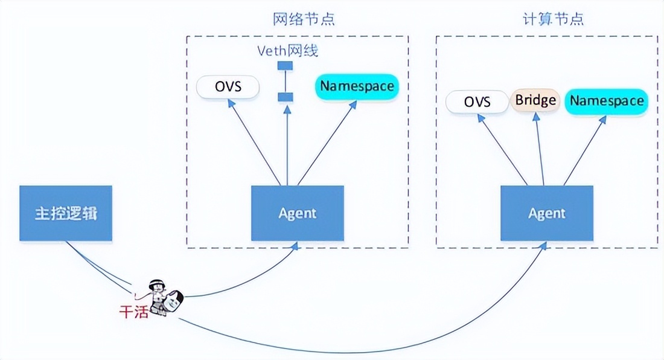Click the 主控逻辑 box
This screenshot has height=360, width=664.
tap(66, 214)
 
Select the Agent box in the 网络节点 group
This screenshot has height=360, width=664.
tap(297, 213)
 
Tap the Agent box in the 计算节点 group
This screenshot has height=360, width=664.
tap(546, 213)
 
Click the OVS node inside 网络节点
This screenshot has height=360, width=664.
tap(228, 87)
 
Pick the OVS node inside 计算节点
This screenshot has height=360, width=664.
tap(477, 101)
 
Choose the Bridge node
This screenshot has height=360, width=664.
tap(535, 100)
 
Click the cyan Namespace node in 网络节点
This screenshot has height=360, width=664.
tap(357, 86)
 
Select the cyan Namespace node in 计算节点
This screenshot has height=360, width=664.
tap(606, 101)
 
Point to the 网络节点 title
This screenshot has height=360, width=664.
tap(304, 19)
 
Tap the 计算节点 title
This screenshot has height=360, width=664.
tap(553, 19)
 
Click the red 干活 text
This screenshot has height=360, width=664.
tap(133, 312)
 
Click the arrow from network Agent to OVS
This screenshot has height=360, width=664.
tap(254, 141)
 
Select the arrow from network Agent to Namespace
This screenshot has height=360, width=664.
tap(326, 141)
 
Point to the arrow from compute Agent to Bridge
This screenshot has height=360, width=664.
tap(539, 148)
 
